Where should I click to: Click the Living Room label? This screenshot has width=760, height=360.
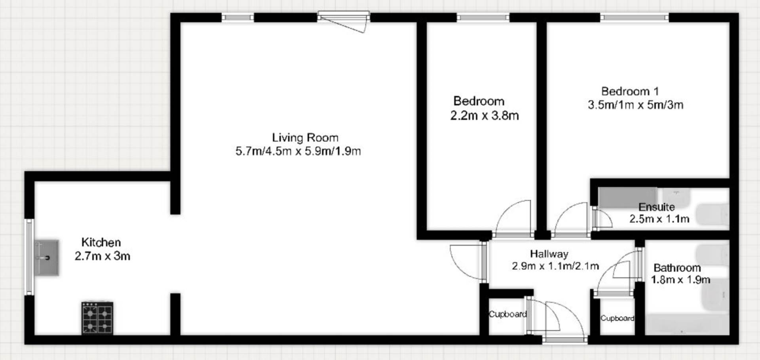click(x=305, y=138)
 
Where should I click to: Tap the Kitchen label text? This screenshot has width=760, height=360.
click(x=101, y=242)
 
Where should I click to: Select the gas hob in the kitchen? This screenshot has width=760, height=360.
click(x=97, y=318)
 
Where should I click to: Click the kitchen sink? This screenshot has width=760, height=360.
click(x=47, y=257)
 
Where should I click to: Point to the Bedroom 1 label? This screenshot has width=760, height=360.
click(x=630, y=91)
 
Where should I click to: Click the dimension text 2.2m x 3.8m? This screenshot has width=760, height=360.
click(x=484, y=116)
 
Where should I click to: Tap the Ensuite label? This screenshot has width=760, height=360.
click(x=657, y=207)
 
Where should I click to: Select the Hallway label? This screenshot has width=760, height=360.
click(x=549, y=254)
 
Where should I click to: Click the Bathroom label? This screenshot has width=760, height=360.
click(x=677, y=268)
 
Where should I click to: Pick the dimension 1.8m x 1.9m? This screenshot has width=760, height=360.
click(x=681, y=280)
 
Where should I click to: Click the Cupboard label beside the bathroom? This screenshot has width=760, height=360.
click(x=617, y=318)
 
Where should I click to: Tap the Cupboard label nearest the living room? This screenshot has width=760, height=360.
click(x=507, y=314)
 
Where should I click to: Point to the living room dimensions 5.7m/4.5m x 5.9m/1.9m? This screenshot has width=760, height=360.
click(x=298, y=151)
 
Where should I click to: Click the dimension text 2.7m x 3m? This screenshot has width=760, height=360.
click(x=103, y=256)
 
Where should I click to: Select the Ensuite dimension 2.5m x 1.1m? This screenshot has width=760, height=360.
click(x=659, y=219)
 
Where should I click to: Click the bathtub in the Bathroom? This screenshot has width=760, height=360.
click(x=687, y=325)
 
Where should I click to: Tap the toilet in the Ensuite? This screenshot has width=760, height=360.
click(x=712, y=215)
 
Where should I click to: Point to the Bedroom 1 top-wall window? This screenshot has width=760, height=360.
click(x=634, y=17)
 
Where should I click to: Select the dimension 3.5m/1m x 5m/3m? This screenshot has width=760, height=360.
click(x=635, y=105)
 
